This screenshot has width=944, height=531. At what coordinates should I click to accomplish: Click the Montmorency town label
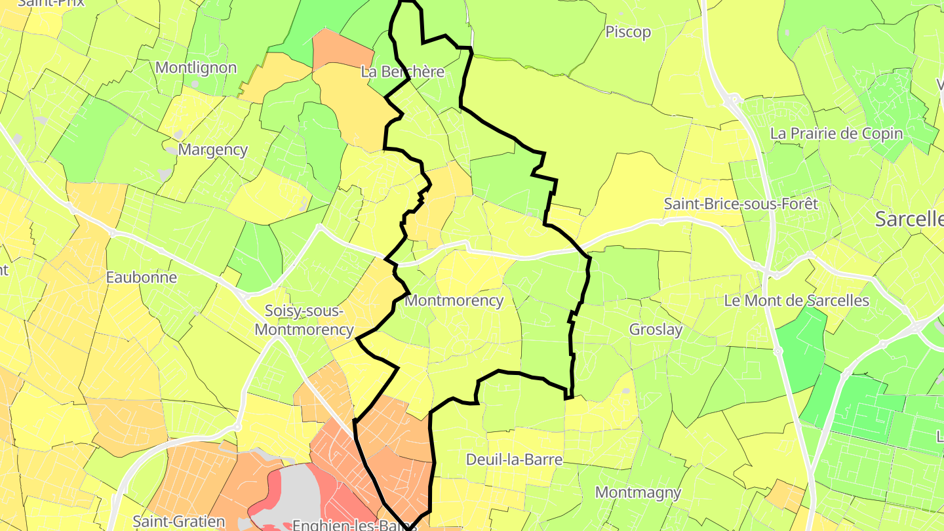tap(454, 301)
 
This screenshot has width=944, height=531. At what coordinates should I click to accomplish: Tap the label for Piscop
tap(628, 32)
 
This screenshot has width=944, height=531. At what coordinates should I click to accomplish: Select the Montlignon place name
tap(196, 68)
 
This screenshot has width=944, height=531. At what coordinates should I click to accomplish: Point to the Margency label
tap(213, 149)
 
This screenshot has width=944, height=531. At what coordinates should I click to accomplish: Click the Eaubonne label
tap(142, 277)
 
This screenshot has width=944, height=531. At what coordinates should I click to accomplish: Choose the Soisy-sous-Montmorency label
tap(304, 320)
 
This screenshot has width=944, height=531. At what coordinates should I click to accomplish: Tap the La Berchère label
tap(403, 71)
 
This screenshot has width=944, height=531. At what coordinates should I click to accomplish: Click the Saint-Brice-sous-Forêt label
tap(741, 204)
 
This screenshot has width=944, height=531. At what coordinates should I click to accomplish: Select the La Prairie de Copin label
tap(836, 134)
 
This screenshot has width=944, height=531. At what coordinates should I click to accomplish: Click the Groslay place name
tap(656, 330)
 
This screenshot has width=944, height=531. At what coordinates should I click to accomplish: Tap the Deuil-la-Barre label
tap(514, 460)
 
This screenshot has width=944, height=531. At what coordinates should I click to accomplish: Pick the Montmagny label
tap(638, 492)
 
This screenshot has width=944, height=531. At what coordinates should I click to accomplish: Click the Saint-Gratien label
tap(178, 522)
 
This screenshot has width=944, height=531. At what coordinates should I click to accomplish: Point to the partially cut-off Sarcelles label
tap(909, 220)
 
